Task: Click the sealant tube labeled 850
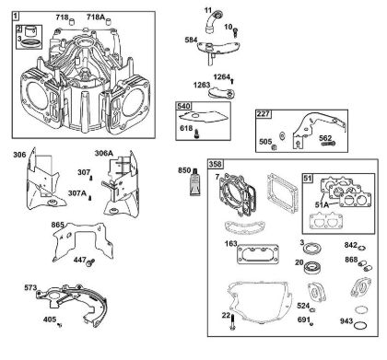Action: [195, 182]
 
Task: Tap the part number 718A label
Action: [96, 17]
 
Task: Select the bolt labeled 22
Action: [232, 322]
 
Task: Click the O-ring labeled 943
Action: [360, 325]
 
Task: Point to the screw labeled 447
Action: [91, 262]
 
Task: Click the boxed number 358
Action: [216, 164]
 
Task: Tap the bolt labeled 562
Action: [329, 144]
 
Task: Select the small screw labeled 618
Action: [196, 134]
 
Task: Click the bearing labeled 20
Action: [313, 267]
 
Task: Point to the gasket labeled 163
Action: [258, 254]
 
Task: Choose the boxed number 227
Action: [264, 114]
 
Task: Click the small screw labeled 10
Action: [236, 32]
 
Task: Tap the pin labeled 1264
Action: [232, 81]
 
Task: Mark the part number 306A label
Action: [104, 153]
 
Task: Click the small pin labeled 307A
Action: [90, 198]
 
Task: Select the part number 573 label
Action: [30, 288]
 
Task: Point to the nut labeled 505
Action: [275, 147]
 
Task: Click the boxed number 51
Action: [308, 179]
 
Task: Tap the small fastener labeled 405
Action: [60, 324]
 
